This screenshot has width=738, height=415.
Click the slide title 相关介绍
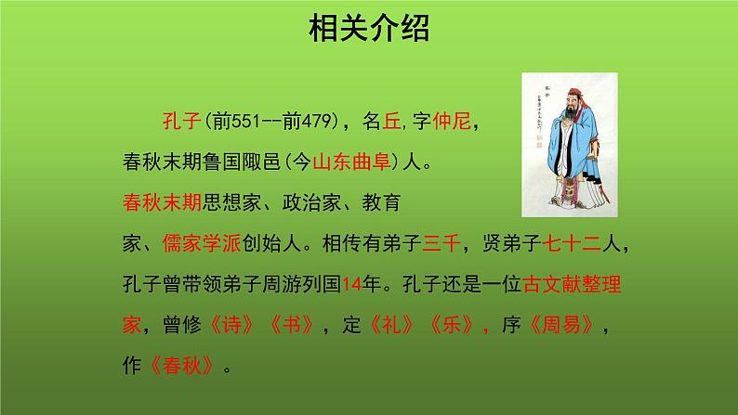click(x=368, y=30)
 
